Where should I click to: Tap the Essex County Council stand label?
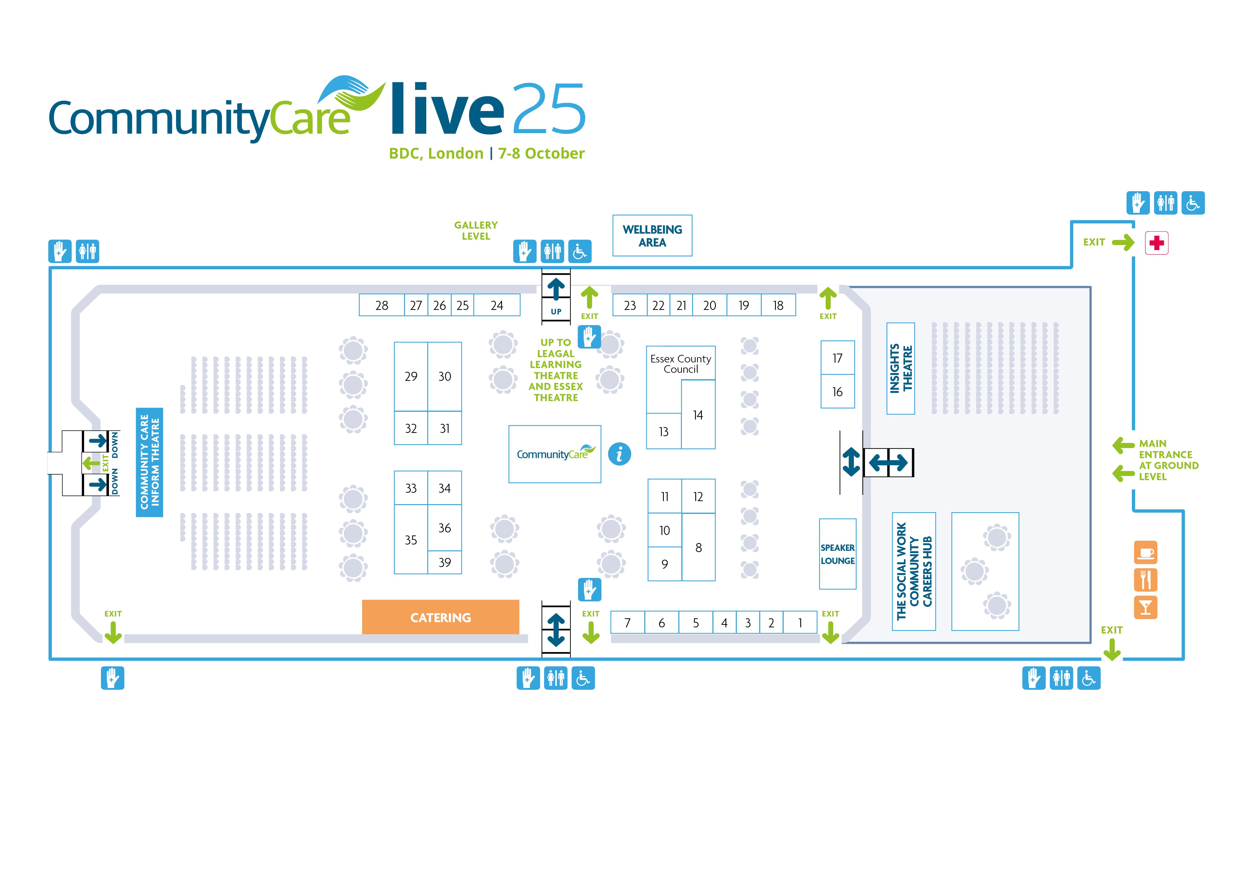point(681,364)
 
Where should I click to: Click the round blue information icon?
point(620,454)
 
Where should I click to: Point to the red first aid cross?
point(1157,243)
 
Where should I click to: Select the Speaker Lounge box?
point(838,554)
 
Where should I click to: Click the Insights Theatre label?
point(901,368)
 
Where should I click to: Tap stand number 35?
point(411,539)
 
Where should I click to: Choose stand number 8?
point(699,547)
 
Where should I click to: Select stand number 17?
point(838,358)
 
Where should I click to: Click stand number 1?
point(800,623)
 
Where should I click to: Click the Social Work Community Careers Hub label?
point(914,571)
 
